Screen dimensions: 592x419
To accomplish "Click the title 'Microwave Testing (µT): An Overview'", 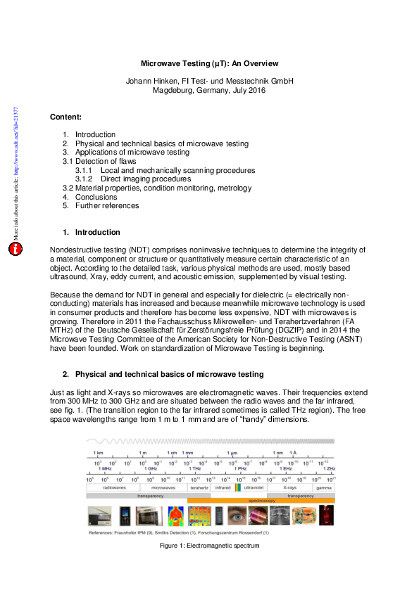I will coord(209,63).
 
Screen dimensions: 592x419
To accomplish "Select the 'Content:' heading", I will coord(65,117).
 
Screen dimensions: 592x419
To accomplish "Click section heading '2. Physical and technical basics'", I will coord(169,373).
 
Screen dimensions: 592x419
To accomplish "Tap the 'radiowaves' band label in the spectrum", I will coord(113,487).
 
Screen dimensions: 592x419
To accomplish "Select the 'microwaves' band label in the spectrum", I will coord(163,487).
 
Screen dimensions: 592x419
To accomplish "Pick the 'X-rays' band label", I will coord(289,487).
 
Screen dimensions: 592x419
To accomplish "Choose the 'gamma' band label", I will coord(324,487).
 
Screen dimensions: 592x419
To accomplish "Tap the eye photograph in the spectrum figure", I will coord(238,517).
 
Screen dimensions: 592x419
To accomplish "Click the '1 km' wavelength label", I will coord(100,453).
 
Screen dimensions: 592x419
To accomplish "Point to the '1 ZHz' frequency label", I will coord(328,468).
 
